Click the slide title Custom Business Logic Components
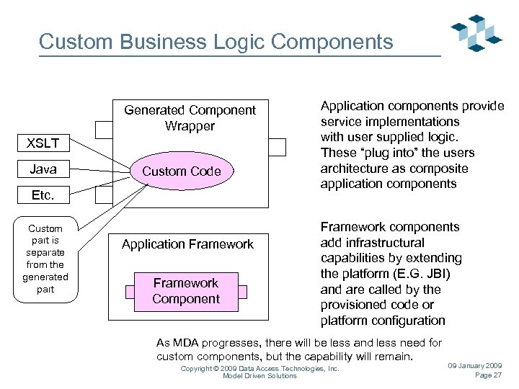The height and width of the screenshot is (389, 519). [216, 42]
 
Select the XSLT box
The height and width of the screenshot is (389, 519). [43, 143]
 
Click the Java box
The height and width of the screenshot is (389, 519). [43, 169]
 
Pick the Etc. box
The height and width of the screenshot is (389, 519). [43, 195]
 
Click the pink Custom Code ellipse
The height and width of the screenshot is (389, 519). [181, 171]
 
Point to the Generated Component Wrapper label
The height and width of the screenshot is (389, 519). [190, 118]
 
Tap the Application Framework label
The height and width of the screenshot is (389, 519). [187, 244]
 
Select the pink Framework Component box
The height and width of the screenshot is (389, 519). [186, 291]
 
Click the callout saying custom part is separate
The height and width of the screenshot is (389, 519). [45, 259]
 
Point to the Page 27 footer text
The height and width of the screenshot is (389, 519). [488, 375]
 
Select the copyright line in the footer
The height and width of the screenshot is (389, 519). [259, 368]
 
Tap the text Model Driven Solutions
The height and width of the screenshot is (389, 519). [259, 376]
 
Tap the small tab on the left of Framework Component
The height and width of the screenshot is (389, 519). [130, 292]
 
